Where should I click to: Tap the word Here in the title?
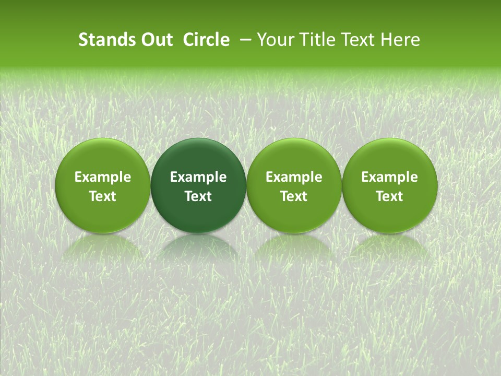click(401, 40)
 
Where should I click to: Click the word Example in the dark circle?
click(198, 177)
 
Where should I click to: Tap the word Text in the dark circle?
click(198, 196)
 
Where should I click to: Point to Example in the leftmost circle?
click(103, 177)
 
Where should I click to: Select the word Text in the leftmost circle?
click(103, 196)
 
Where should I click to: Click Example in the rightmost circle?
click(390, 177)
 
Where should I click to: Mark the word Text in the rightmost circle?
click(390, 196)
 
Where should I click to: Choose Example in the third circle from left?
click(294, 177)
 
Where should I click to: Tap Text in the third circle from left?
click(294, 196)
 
